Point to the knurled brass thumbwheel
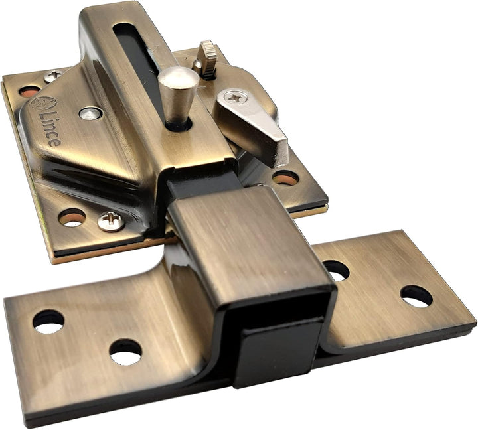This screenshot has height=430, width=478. [x=208, y=58]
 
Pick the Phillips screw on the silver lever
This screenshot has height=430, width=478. [x=236, y=97]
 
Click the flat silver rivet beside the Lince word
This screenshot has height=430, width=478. [x=90, y=113]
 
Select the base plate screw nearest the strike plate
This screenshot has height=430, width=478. [x=110, y=221]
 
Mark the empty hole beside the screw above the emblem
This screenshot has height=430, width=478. [x=29, y=90]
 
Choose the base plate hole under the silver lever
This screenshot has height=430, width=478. [x=285, y=177]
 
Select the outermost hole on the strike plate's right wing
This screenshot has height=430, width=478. [x=416, y=296]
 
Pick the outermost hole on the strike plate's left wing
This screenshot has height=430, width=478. [x=48, y=321]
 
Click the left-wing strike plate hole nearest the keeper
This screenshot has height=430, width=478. [x=125, y=351]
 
